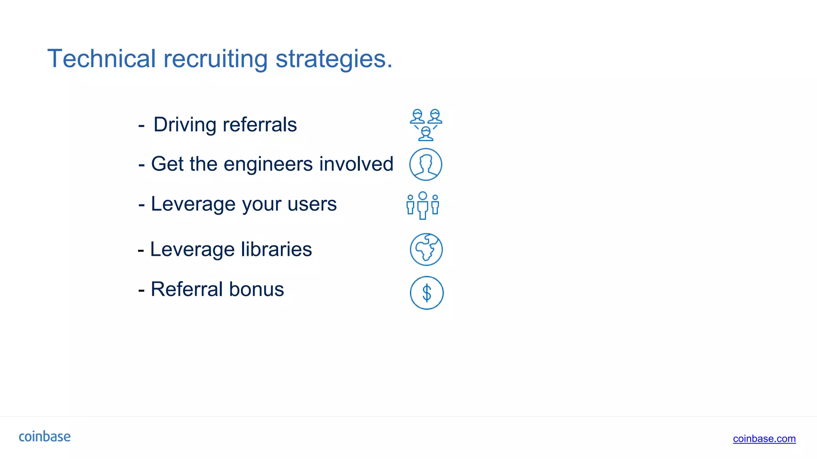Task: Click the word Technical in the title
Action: [101, 59]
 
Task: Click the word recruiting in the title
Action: [215, 59]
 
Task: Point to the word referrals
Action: [260, 125]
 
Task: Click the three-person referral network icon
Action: [426, 125]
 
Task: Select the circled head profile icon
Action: [426, 164]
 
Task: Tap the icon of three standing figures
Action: [423, 205]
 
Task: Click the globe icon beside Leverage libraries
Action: [426, 249]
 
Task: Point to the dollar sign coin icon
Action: [426, 293]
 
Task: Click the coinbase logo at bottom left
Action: [45, 437]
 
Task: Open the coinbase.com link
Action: [764, 439]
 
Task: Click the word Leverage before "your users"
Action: [193, 204]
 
